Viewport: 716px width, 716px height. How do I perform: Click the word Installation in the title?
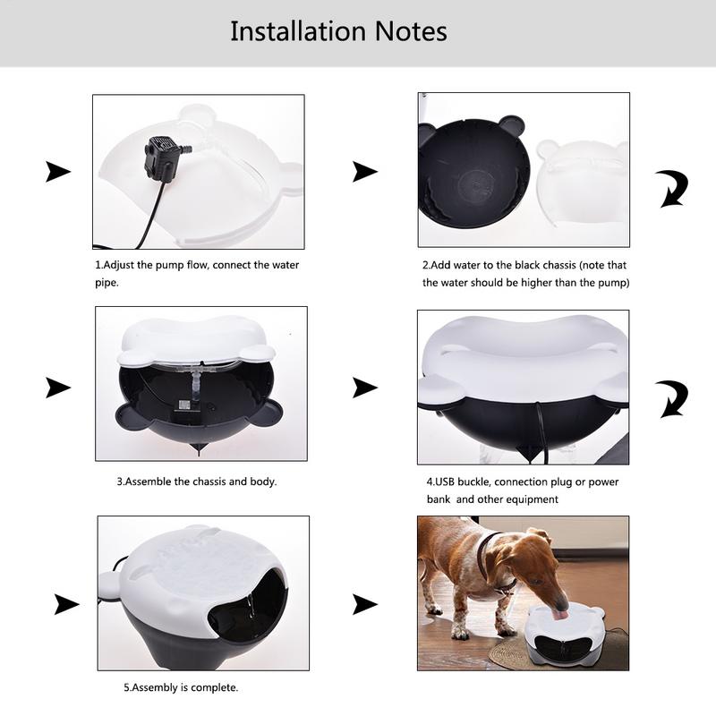pos(298,31)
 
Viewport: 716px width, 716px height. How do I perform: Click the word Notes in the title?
pos(411,31)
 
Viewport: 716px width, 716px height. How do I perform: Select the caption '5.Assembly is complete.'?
pos(181,687)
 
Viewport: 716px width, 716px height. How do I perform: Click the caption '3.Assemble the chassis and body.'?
pos(197,482)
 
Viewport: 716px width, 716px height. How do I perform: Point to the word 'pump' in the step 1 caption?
pos(170,265)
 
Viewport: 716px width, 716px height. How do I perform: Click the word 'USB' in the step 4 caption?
pos(445,482)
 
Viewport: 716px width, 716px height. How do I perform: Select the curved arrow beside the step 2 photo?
pos(673,189)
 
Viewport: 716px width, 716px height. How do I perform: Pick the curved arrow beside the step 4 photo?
pos(673,398)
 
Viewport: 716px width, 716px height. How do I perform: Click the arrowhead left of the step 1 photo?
pos(58,172)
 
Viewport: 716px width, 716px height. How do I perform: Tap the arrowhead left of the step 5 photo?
pos(66,604)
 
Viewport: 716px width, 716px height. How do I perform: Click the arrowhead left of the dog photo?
pos(365,604)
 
